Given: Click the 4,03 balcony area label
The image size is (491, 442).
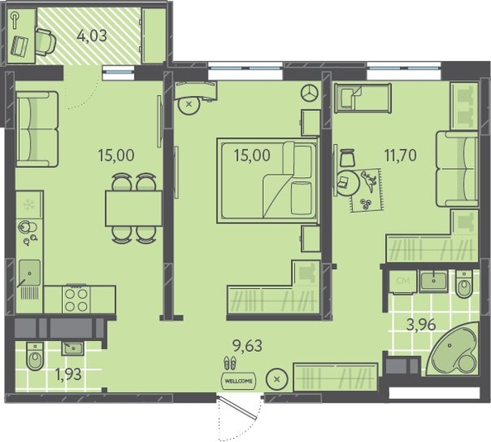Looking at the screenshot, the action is click(x=92, y=36).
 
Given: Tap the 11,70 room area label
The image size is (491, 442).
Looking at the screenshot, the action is click(x=401, y=155).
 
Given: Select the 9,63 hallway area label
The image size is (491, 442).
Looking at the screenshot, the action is click(x=247, y=346).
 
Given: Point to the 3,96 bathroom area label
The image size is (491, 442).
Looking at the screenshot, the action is click(x=421, y=324).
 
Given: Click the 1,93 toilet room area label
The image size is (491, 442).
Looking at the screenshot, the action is click(x=68, y=373).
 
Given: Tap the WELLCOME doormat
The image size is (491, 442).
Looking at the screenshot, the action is click(x=238, y=382).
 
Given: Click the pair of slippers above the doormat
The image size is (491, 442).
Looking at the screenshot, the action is click(x=231, y=363).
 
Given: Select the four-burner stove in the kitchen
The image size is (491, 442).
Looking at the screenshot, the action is click(x=76, y=299).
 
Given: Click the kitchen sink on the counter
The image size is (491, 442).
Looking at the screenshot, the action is click(x=30, y=273).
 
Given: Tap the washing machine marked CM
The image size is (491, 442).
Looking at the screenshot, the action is click(x=403, y=281).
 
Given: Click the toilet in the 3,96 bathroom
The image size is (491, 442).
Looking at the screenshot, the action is click(x=464, y=284).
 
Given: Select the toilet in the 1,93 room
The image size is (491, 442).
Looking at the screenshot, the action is click(x=35, y=356).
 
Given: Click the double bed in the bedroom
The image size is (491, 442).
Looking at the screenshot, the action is click(x=268, y=180).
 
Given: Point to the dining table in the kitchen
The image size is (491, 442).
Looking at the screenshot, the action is click(x=134, y=208).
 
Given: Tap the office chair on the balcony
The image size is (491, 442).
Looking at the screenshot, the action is click(x=45, y=42).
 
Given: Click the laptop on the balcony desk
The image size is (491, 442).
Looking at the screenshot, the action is click(x=19, y=46).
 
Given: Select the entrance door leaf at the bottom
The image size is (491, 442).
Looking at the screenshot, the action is click(x=239, y=408).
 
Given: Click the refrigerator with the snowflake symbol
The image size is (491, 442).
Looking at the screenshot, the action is click(x=29, y=204).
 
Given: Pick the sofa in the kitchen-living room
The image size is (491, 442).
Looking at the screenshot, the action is click(x=37, y=129).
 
